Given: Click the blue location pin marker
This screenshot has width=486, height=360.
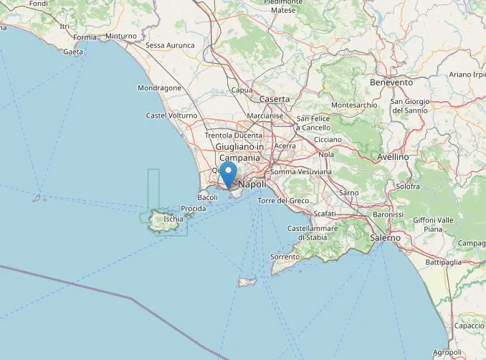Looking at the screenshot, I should [x=228, y=173].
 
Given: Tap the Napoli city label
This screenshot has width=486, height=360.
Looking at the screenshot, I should [x=252, y=184].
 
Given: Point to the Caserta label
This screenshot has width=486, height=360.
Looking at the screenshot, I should [x=275, y=99].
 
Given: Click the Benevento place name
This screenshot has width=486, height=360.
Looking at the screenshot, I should [x=391, y=82].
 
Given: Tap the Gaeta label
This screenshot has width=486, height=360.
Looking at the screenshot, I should [x=73, y=52].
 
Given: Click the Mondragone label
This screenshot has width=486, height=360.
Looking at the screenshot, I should [x=159, y=88].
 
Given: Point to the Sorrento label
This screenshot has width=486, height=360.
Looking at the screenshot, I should [x=285, y=256].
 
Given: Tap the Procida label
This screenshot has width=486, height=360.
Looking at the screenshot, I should [x=194, y=209].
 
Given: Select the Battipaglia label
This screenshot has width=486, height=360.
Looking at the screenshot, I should [x=444, y=262].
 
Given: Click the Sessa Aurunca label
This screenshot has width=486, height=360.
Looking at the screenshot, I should [x=171, y=45].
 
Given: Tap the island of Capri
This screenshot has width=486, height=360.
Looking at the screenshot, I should [x=247, y=282].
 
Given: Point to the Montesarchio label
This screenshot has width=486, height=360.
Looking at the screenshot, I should [x=354, y=105].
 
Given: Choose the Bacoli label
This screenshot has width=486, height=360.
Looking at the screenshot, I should [x=207, y=196].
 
